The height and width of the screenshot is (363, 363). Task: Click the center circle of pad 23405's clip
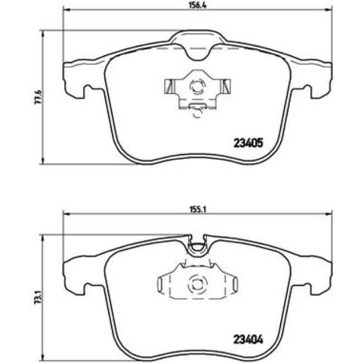(197, 87)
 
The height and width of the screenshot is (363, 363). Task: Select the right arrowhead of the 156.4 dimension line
(328, 10)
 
